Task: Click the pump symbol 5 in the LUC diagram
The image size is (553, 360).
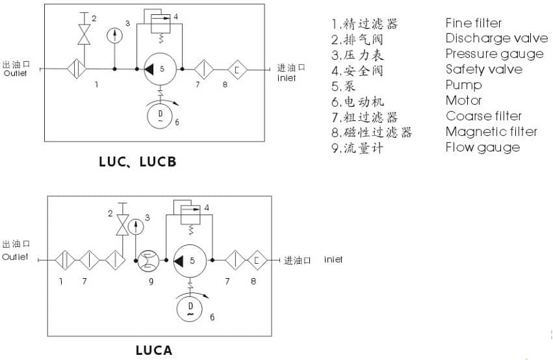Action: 159,68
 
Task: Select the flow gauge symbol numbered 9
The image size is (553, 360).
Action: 146,261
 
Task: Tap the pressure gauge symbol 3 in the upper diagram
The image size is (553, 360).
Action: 114,34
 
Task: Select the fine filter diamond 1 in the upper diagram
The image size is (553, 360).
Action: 77,68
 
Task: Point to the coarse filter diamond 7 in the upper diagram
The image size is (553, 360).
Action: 205,68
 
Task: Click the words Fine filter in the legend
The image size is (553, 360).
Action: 474,23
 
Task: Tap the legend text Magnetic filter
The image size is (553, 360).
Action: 491,132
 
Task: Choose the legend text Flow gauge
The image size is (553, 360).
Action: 482,148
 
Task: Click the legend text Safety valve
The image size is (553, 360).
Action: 483,70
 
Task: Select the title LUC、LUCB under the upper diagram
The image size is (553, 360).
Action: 137,162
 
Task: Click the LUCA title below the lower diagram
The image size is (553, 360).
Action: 154,350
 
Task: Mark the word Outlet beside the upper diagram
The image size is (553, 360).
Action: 16,73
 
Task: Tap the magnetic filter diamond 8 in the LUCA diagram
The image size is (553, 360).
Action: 257,261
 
